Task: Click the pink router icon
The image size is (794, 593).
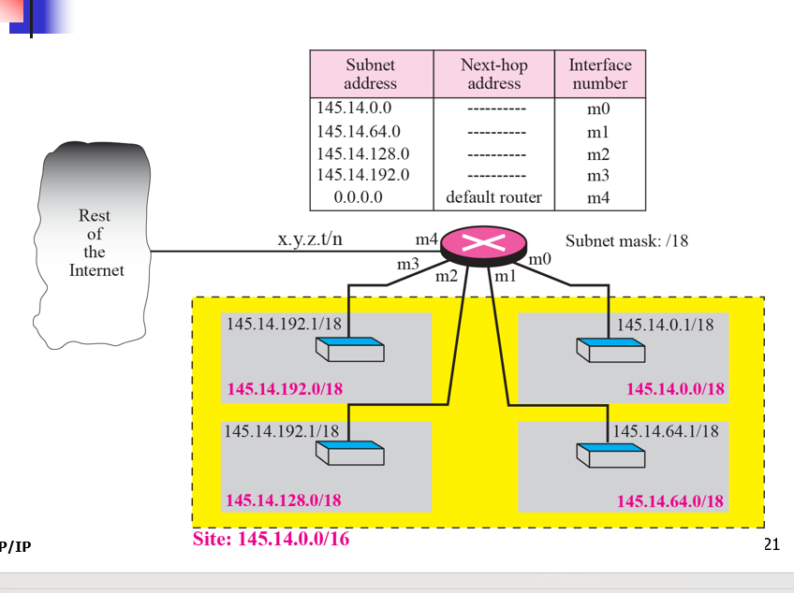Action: tap(486, 245)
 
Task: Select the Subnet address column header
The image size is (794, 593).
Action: tap(371, 74)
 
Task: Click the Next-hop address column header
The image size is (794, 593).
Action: tap(493, 74)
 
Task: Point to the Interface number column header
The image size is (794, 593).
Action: tap(600, 74)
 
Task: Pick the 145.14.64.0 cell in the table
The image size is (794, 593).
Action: tap(359, 131)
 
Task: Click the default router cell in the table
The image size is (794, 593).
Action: tap(493, 197)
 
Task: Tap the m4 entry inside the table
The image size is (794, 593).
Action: tap(598, 197)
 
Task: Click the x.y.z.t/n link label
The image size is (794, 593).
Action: tap(310, 239)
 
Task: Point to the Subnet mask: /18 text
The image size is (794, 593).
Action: tap(626, 240)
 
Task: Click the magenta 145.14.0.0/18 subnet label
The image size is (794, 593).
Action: tap(675, 388)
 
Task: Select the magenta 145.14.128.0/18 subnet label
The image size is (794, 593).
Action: tap(283, 499)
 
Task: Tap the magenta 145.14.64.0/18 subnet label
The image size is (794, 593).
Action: tap(669, 500)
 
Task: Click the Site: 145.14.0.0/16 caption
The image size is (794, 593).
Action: tap(271, 539)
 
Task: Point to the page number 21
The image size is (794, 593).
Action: tap(772, 545)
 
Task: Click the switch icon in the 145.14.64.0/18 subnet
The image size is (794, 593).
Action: tap(610, 456)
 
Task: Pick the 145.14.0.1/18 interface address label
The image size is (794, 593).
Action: tap(665, 325)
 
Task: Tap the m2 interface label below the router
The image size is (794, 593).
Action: tap(446, 276)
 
